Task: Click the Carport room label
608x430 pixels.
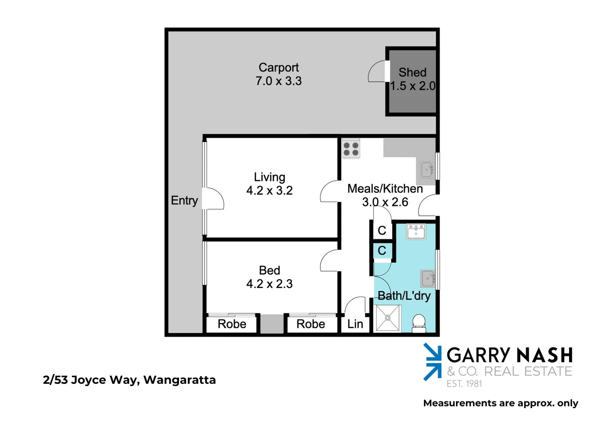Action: [279, 67]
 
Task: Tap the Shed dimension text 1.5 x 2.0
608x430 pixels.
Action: [413, 86]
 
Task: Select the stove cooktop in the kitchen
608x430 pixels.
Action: [351, 149]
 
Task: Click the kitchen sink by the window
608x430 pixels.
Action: [427, 170]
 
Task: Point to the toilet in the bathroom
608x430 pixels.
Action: [419, 323]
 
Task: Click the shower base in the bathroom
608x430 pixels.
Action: [388, 318]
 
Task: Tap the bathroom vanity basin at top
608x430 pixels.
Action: [416, 231]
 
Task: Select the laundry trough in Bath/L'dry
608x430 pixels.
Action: [428, 278]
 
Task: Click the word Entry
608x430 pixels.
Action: [184, 200]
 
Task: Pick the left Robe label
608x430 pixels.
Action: [232, 324]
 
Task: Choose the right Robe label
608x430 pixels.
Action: [310, 324]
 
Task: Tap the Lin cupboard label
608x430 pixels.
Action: [355, 324]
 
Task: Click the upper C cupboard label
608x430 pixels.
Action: [382, 230]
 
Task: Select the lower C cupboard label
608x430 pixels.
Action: [382, 250]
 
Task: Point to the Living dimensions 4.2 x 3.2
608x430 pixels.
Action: [269, 191]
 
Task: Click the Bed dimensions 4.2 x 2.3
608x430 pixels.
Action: [269, 284]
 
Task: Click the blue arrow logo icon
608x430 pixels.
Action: [432, 362]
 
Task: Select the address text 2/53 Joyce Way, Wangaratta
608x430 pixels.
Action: [129, 380]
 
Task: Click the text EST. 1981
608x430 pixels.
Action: [464, 384]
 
